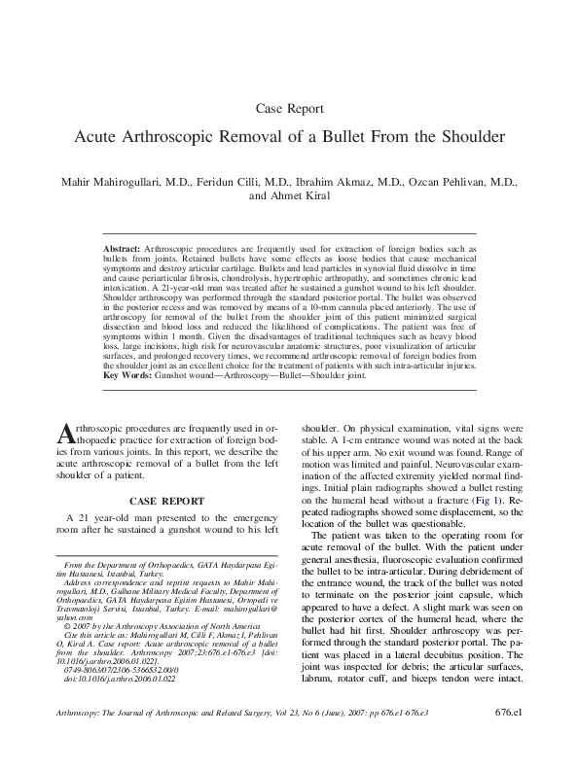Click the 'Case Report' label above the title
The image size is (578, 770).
coord(288,108)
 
